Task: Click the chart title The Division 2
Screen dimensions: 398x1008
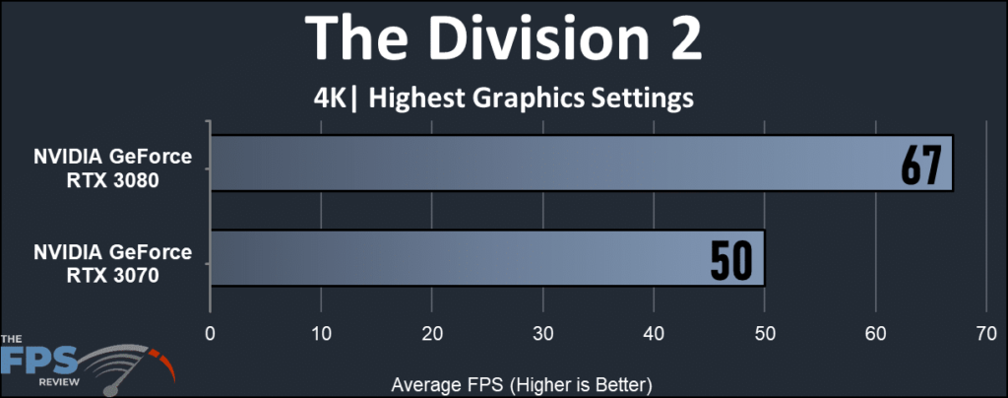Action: [x=503, y=39]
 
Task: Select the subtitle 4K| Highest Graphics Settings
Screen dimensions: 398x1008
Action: [x=503, y=99]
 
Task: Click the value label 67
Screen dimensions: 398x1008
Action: [x=921, y=164]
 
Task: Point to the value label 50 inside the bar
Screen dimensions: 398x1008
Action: [x=731, y=259]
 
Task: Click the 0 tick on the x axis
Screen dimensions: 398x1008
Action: [x=210, y=335]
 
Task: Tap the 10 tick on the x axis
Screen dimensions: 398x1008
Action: [x=321, y=335]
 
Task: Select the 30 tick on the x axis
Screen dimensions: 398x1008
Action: [x=542, y=335]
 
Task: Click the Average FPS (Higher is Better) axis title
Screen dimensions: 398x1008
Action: [x=523, y=382]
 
